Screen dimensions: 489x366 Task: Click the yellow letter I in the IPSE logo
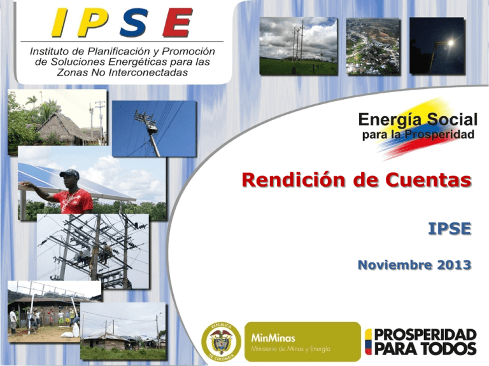(x=60, y=22)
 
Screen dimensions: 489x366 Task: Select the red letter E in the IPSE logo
(x=177, y=22)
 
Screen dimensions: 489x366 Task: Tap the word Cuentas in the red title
(x=428, y=180)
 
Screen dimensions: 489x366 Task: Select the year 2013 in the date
(x=454, y=265)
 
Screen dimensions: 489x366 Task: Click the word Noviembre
(x=395, y=265)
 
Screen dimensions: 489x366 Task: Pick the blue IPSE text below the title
(x=450, y=229)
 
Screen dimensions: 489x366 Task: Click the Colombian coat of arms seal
(x=221, y=342)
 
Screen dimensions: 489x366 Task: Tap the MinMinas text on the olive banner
(x=273, y=338)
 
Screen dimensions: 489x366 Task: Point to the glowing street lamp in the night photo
(x=450, y=43)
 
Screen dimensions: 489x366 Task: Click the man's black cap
(x=69, y=173)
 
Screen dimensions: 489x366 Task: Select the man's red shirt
(x=74, y=201)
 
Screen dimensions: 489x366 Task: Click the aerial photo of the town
(x=373, y=46)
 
